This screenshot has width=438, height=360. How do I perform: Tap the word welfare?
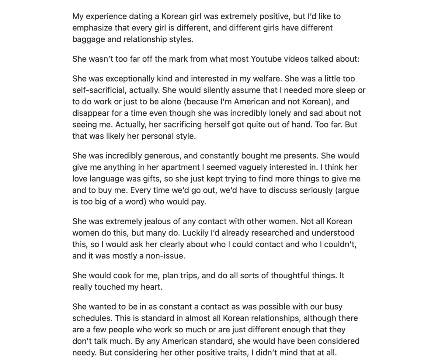(x=264, y=78)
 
